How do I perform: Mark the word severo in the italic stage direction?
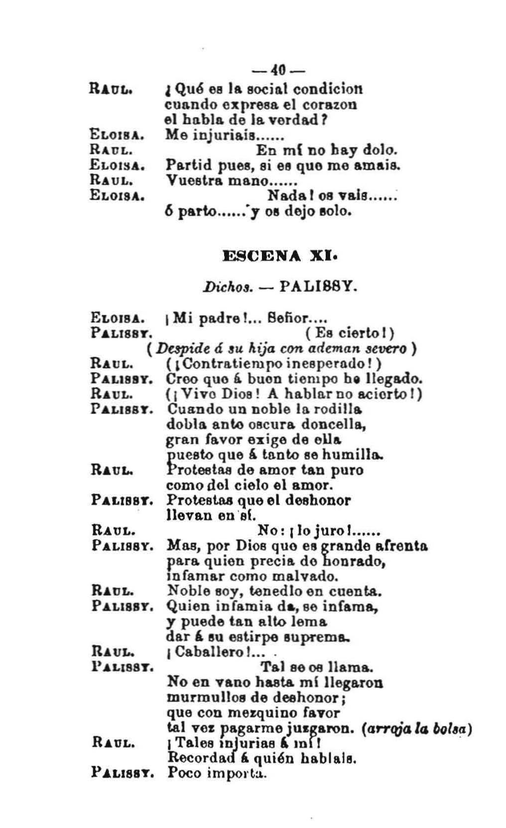click(x=388, y=348)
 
